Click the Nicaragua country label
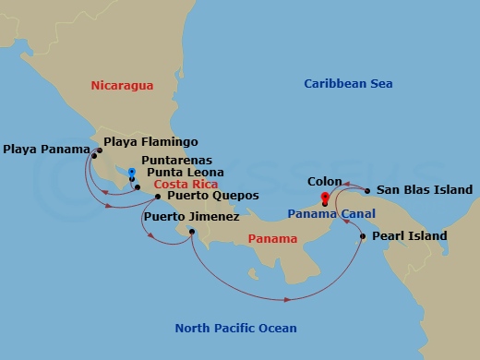coord(122,85)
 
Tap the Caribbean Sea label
coord(348,84)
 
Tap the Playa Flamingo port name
coord(151,142)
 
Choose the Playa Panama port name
coord(43,148)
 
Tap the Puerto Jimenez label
coord(191,217)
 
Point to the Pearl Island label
coord(411,236)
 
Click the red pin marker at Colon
coord(324,198)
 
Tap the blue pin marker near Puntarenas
coord(132,173)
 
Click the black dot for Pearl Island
coord(362,237)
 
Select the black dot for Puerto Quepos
coord(158,197)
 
